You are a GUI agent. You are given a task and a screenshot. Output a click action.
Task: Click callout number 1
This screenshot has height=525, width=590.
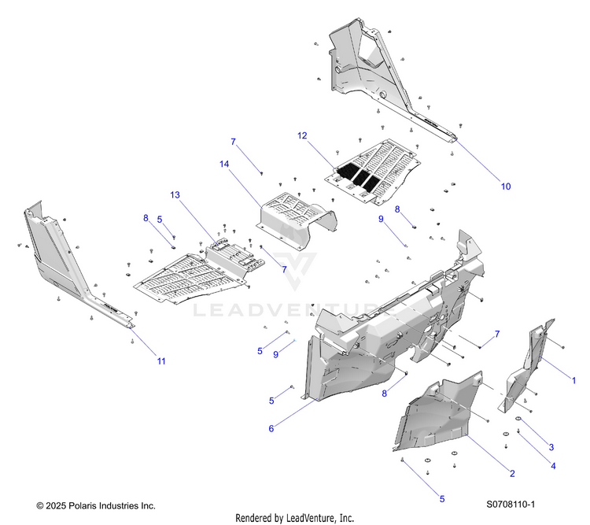tap(574, 381)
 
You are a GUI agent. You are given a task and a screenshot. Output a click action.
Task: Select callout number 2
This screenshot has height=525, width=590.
tap(512, 473)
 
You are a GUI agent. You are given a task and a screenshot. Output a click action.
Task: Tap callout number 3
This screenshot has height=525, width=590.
tap(551, 446)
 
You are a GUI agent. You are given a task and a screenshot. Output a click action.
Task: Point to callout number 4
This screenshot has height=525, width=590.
tap(553, 465)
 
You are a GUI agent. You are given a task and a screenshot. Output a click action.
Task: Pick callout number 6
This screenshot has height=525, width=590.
tap(271, 428)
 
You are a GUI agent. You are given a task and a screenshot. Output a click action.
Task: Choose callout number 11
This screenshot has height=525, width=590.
tap(161, 361)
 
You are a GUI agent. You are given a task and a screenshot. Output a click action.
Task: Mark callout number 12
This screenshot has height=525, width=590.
tap(301, 135)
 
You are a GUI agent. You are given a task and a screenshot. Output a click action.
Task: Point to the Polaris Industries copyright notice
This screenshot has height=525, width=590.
tap(96, 505)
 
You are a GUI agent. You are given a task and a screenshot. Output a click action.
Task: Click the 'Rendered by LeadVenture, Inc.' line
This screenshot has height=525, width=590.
tap(295, 518)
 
